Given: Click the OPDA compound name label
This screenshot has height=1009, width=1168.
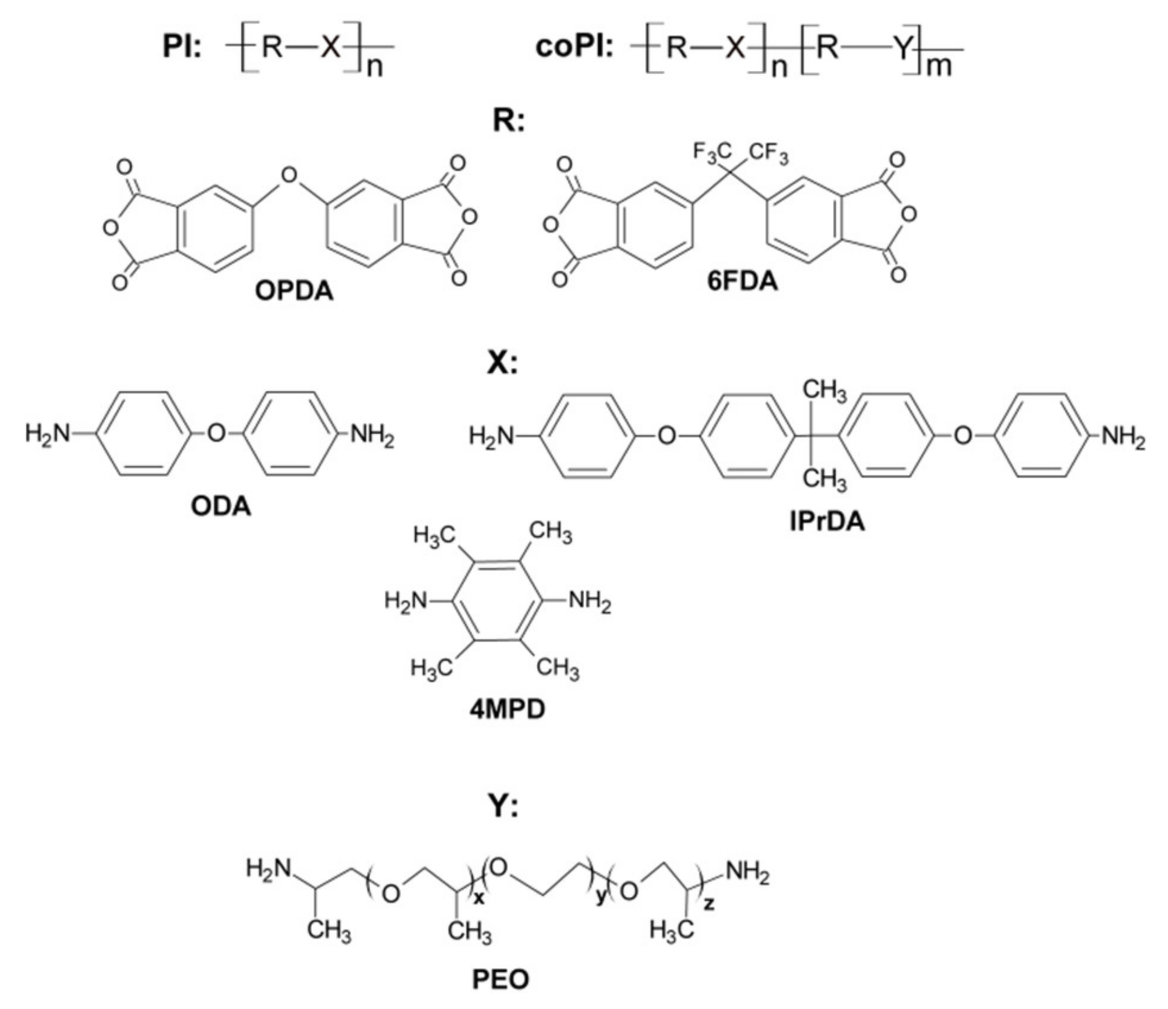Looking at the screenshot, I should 294,291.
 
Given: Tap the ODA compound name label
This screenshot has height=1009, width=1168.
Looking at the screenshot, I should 221,506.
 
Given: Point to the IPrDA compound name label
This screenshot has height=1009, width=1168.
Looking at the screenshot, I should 827,521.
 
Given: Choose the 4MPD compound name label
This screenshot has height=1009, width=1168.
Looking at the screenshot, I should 507,709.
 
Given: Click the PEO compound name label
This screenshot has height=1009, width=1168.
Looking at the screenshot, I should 500,979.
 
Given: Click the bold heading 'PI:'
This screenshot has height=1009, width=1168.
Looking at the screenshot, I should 182,46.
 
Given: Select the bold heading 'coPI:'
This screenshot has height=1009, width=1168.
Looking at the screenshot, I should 574,46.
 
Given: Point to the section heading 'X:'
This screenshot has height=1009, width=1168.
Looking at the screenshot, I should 502,362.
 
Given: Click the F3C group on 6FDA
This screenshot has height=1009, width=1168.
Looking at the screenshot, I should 711,153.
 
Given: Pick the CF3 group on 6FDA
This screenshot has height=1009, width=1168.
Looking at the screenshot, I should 769,153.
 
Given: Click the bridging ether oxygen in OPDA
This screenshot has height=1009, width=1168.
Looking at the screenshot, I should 289,175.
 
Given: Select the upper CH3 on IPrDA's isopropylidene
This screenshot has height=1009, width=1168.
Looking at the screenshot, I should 824,390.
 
